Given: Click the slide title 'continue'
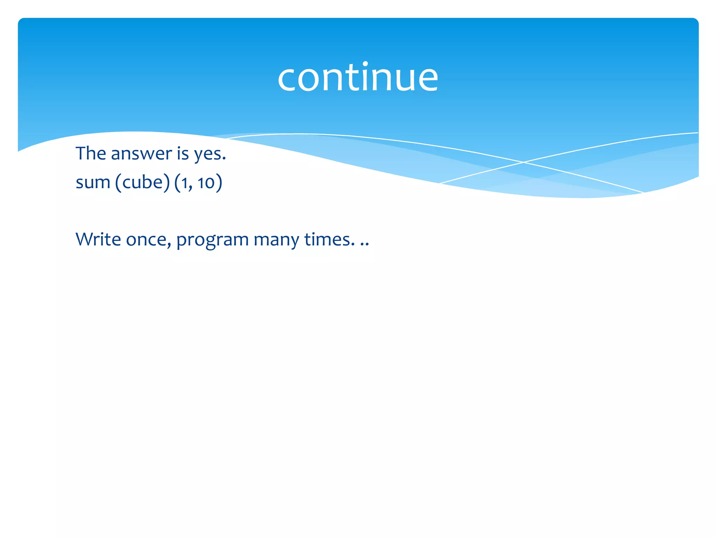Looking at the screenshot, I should click(358, 78).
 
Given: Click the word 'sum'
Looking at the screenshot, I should click(93, 182).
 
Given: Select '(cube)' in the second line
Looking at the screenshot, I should click(143, 182).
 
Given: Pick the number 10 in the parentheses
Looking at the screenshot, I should click(206, 182).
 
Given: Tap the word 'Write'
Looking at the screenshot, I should click(98, 239).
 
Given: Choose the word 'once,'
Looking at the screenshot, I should click(149, 240).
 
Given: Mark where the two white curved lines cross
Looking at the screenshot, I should click(523, 162).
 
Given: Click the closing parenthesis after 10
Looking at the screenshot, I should click(219, 182).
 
